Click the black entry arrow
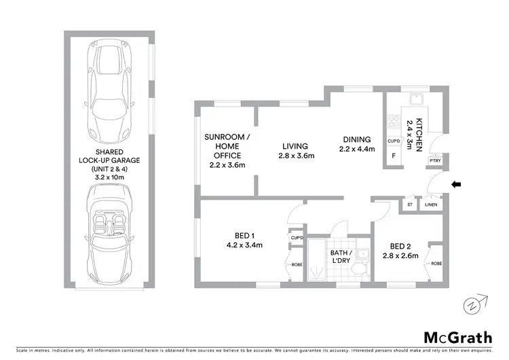[456, 183]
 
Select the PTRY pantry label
[435, 160]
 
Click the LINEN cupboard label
[431, 204]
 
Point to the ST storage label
[409, 204]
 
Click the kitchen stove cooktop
[393, 123]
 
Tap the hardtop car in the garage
[109, 88]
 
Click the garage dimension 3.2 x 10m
[109, 176]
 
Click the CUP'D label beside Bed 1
[297, 238]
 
